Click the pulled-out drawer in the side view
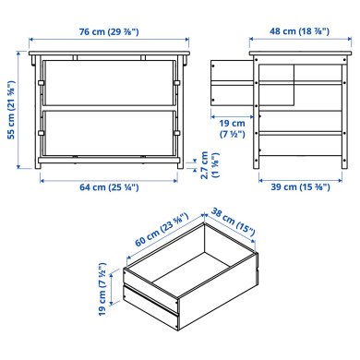231,84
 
